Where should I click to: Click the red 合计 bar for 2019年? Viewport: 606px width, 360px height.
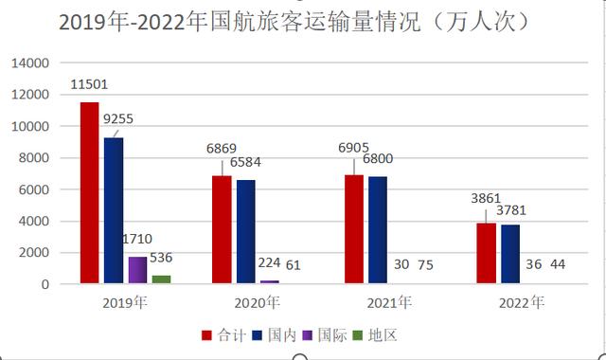(89, 193)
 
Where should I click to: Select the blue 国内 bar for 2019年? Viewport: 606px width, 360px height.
(114, 210)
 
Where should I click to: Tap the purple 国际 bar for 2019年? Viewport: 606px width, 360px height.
(138, 270)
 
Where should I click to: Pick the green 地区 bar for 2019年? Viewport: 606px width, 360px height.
(162, 279)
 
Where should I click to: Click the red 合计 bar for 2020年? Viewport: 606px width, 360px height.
(222, 229)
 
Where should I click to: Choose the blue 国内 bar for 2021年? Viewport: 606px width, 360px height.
(378, 230)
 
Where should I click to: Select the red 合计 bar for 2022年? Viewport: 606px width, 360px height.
(486, 253)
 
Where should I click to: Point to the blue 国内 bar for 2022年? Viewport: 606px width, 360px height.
(510, 254)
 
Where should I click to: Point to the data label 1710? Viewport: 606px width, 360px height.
(136, 240)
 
